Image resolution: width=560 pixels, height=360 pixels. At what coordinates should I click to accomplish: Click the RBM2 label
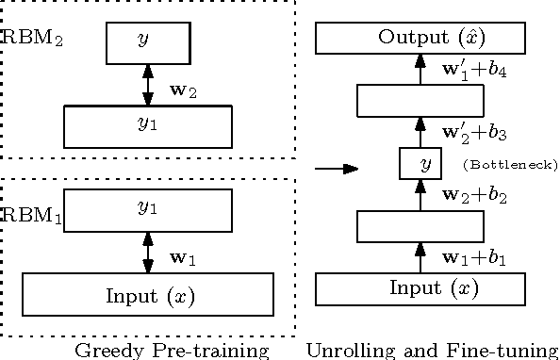click(32, 40)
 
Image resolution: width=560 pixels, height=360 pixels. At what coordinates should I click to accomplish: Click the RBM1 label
click(32, 216)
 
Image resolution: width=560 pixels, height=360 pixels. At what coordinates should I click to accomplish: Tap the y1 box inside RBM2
click(147, 126)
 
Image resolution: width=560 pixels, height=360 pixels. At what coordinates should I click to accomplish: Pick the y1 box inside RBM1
click(147, 210)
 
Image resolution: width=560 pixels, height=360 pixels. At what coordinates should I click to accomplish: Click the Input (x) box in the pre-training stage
click(147, 294)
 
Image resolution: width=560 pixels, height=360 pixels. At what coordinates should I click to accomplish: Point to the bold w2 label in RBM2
click(182, 90)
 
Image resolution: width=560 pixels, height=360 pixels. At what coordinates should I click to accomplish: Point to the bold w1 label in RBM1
click(182, 257)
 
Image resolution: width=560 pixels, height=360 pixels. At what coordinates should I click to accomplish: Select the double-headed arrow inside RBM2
click(147, 85)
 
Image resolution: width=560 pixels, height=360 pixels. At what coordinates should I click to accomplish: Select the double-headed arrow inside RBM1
click(147, 253)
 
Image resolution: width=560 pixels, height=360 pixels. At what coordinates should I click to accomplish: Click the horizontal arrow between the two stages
click(337, 169)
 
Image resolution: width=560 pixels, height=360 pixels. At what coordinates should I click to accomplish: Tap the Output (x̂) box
click(420, 39)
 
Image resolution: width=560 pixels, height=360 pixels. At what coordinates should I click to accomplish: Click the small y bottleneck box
click(421, 165)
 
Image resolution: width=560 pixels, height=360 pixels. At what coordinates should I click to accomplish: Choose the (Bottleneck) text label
click(511, 166)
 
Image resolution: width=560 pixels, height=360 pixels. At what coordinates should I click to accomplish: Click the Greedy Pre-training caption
click(172, 351)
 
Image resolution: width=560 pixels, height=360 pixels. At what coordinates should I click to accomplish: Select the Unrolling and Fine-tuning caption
click(433, 351)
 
